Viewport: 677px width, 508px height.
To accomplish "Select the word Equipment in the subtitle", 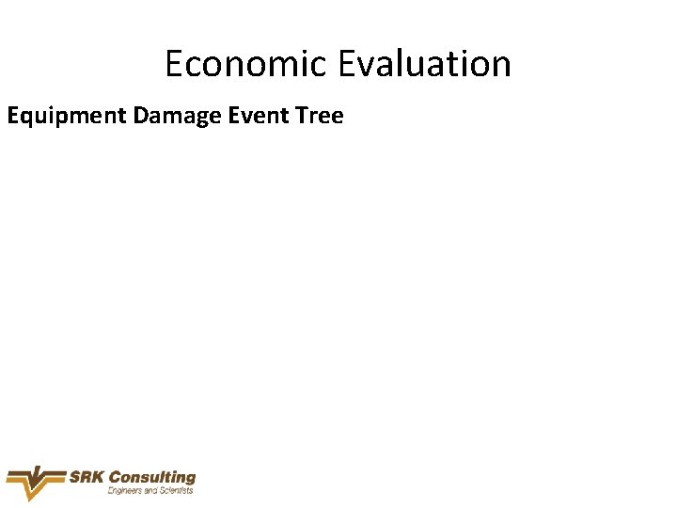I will [67, 117].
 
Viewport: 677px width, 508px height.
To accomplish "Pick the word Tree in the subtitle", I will [321, 117].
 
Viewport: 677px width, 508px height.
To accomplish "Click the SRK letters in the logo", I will [87, 477].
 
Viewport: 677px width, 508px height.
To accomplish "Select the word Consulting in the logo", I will [152, 477].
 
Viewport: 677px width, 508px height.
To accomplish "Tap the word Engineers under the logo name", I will [125, 490].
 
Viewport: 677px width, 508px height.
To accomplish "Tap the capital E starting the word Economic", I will [174, 64].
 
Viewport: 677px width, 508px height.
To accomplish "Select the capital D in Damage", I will [141, 117].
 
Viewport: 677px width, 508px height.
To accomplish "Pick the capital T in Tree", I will [301, 117].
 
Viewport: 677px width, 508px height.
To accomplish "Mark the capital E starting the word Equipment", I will [13, 117].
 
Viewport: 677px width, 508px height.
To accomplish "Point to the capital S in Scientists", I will [159, 490].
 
